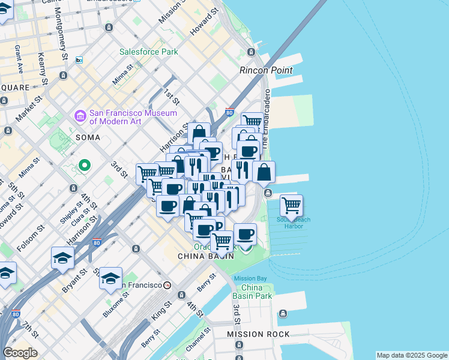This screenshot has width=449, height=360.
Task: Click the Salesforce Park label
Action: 148,52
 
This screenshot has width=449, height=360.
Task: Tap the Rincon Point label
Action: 266,70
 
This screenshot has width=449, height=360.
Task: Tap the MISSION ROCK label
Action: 258,334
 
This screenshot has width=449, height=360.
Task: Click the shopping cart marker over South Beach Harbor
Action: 291,206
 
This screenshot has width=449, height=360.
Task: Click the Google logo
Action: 20,352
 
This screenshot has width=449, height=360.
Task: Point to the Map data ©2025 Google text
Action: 411,355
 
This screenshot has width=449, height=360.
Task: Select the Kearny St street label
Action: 41,64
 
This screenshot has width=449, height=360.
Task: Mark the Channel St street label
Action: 196,340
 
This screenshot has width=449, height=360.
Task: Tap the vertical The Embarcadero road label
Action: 266,117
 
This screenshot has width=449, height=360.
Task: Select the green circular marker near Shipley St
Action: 85,164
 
